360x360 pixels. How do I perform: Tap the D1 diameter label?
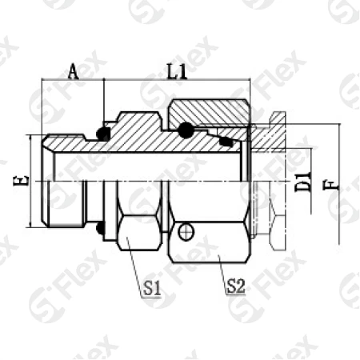tap(302, 181)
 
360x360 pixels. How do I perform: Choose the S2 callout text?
tap(234, 283)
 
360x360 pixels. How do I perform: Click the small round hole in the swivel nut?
tap(186, 232)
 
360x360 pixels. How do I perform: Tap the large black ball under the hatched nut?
tap(186, 130)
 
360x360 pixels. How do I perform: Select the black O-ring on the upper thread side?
tap(103, 131)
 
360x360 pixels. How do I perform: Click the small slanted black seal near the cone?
tap(226, 142)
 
